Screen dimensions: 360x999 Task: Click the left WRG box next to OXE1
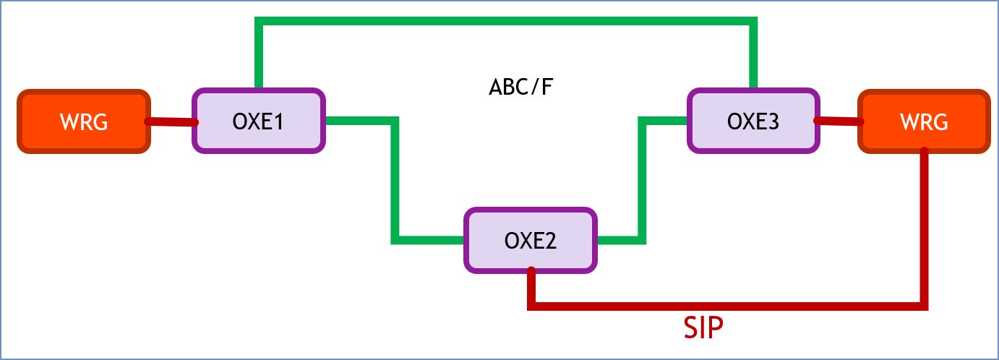coord(83,121)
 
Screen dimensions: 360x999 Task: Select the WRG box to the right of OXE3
coord(923,121)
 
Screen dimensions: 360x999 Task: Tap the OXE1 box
coord(258,121)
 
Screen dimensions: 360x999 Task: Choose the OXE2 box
coord(530,241)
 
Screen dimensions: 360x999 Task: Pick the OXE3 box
coord(753,121)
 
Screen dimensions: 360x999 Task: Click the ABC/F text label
coord(520,87)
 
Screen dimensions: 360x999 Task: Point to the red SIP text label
coord(703,329)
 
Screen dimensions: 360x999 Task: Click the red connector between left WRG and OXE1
coord(171,122)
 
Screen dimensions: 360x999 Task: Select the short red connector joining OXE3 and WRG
coord(838,121)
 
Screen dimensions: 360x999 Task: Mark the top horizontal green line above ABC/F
coord(506,22)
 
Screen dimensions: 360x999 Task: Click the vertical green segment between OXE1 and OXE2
coord(395,181)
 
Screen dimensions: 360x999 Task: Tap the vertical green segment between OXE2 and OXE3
coord(641,181)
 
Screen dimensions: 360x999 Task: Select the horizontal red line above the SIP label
coord(723,307)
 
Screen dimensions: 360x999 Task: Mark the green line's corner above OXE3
coord(753,23)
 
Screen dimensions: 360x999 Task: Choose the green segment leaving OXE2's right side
coord(619,239)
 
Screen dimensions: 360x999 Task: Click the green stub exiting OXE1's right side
coord(359,120)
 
